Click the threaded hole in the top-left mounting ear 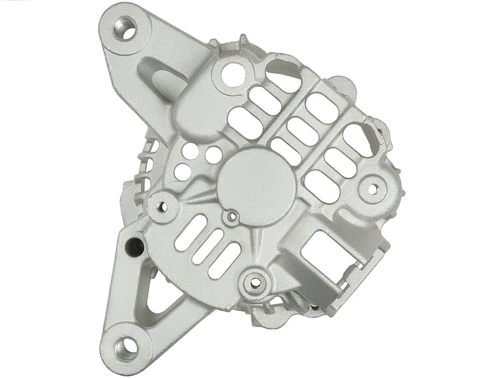(x=125, y=28)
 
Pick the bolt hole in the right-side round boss (x=373, y=188)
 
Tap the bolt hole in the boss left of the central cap (x=162, y=207)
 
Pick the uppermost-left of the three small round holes (x=191, y=150)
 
